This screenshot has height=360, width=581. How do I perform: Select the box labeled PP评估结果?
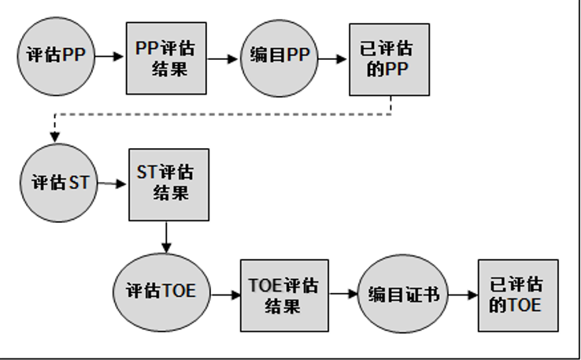pos(166,57)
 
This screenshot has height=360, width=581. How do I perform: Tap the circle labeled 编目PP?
pos(279,57)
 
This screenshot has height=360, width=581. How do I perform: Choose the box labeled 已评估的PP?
pos(390,58)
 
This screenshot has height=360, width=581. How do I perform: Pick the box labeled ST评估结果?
pos(169,183)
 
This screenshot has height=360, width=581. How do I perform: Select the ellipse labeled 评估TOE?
pos(160,290)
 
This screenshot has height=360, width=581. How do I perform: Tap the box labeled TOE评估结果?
pos(284,295)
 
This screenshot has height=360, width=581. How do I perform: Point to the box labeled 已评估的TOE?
pos(517,295)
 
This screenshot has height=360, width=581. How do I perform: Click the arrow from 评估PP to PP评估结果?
pos(111,57)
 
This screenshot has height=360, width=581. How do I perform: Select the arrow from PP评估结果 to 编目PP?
pos(224,57)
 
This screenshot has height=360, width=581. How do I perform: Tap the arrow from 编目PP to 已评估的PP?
pos(335,57)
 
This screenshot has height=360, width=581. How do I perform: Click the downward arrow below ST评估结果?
pos(166,237)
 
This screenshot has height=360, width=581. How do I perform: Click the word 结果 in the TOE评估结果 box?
pos(284,306)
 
